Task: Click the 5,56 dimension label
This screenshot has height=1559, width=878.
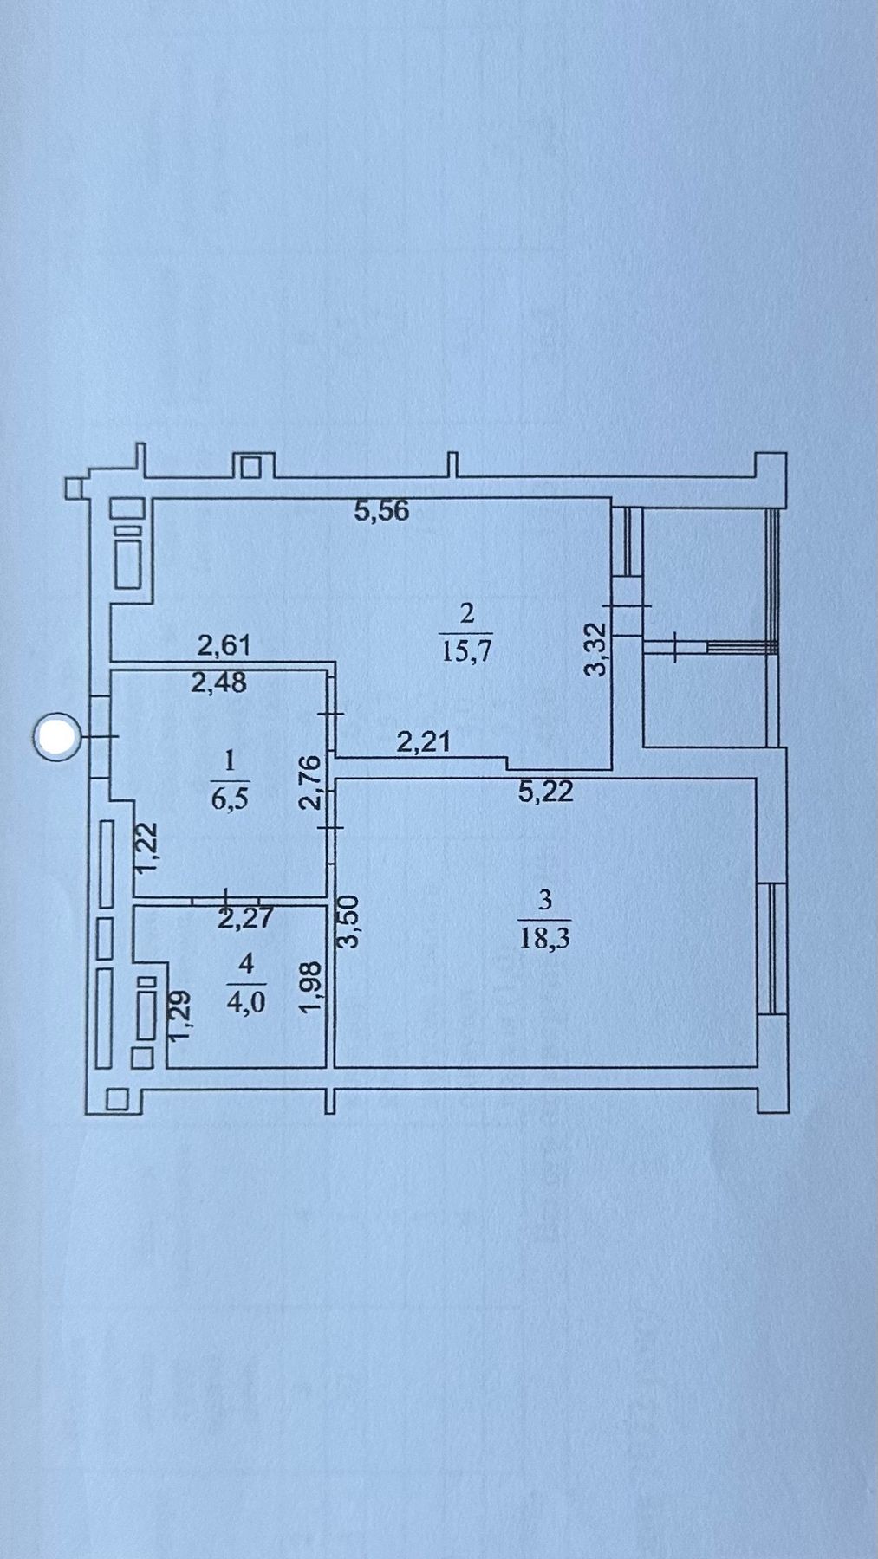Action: pyautogui.click(x=381, y=511)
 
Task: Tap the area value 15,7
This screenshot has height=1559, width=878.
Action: pyautogui.click(x=467, y=650)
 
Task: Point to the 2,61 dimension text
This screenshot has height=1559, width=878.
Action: pyautogui.click(x=224, y=645)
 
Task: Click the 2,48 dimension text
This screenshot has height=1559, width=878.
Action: pyautogui.click(x=218, y=682)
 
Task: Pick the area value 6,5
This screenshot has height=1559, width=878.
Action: pyautogui.click(x=230, y=798)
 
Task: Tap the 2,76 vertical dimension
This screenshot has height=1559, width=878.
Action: pyautogui.click(x=310, y=782)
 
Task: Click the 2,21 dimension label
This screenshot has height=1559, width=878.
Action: pyautogui.click(x=423, y=741)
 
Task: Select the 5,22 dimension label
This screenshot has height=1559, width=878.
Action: pyautogui.click(x=546, y=791)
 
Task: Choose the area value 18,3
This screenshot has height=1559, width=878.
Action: pyautogui.click(x=544, y=938)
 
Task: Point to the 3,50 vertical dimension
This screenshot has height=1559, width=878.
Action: pyautogui.click(x=350, y=923)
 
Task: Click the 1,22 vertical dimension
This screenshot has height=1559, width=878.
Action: pyautogui.click(x=148, y=847)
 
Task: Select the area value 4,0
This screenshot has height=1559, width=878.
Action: pyautogui.click(x=246, y=1001)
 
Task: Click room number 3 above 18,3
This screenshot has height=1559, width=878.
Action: pyautogui.click(x=545, y=900)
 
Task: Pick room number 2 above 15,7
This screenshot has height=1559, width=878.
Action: pyautogui.click(x=467, y=613)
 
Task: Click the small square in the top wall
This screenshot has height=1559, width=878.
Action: pyautogui.click(x=251, y=467)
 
